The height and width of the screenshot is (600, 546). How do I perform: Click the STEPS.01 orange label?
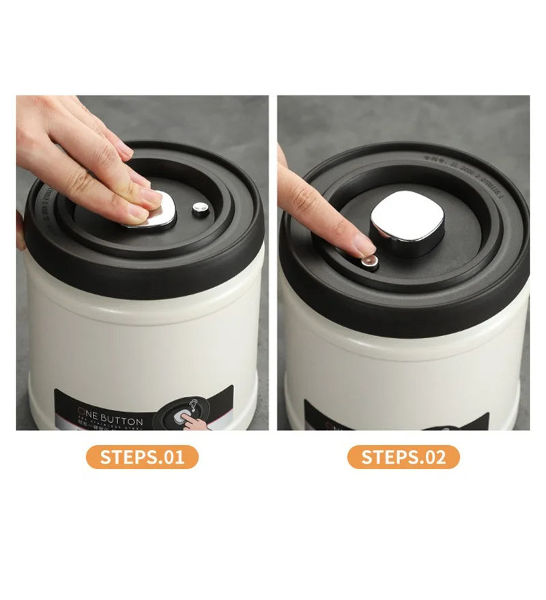pyautogui.click(x=142, y=457)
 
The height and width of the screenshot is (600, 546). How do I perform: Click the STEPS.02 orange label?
pyautogui.click(x=403, y=457)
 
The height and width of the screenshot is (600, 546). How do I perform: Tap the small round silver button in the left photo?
pyautogui.click(x=200, y=209)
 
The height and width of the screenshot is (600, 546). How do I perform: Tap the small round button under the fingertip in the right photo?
pyautogui.click(x=369, y=262)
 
